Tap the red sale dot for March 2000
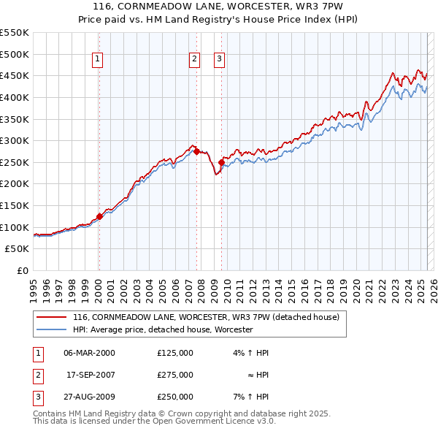(x=99, y=216)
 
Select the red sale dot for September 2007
(x=196, y=152)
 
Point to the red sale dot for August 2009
(x=221, y=162)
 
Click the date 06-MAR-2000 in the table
(x=89, y=353)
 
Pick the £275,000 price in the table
(x=174, y=375)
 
